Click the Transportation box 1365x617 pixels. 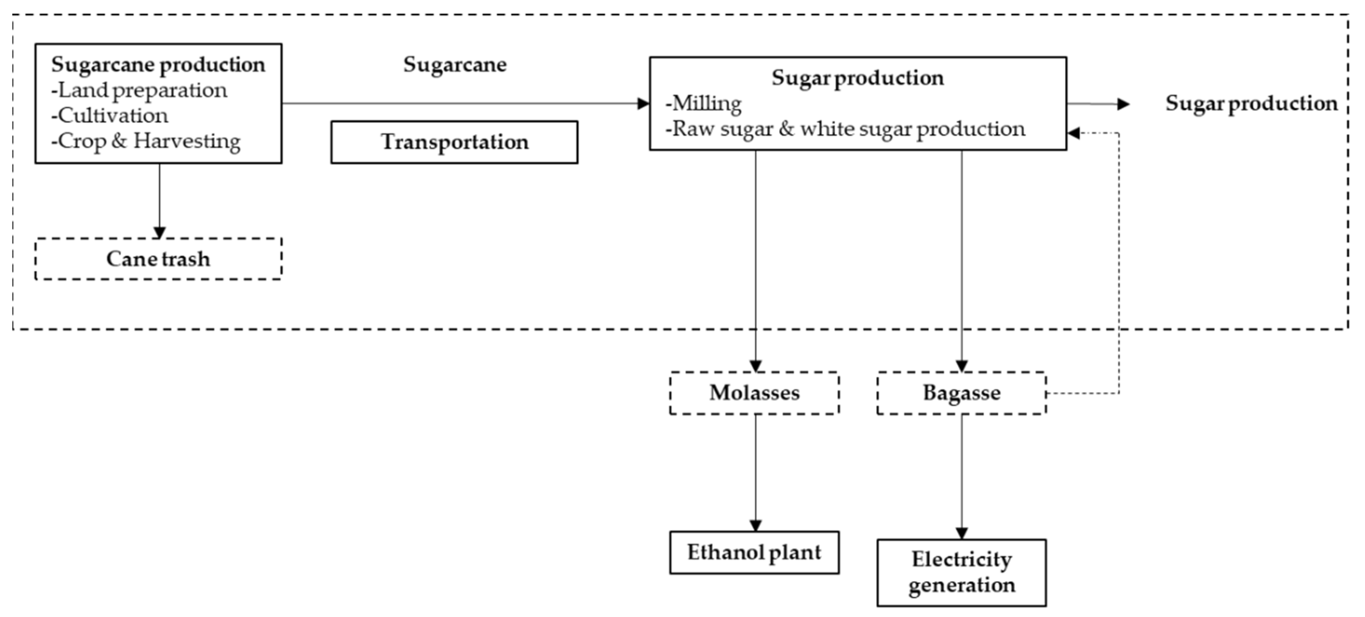454,142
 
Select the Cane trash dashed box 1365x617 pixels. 158,259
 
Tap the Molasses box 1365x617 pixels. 754,393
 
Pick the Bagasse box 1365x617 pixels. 961,393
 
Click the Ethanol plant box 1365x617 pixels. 754,552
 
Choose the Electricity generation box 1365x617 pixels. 961,572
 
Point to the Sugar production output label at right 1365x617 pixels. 1251,103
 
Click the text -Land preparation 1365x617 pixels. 139,90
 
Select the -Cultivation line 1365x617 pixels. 110,115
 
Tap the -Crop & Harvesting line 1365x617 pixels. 146,141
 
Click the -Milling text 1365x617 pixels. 704,103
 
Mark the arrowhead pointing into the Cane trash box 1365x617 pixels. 159,233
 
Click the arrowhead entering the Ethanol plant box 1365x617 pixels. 756,525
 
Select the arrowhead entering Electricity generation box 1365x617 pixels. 962,533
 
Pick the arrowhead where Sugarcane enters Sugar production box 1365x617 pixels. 643,103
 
